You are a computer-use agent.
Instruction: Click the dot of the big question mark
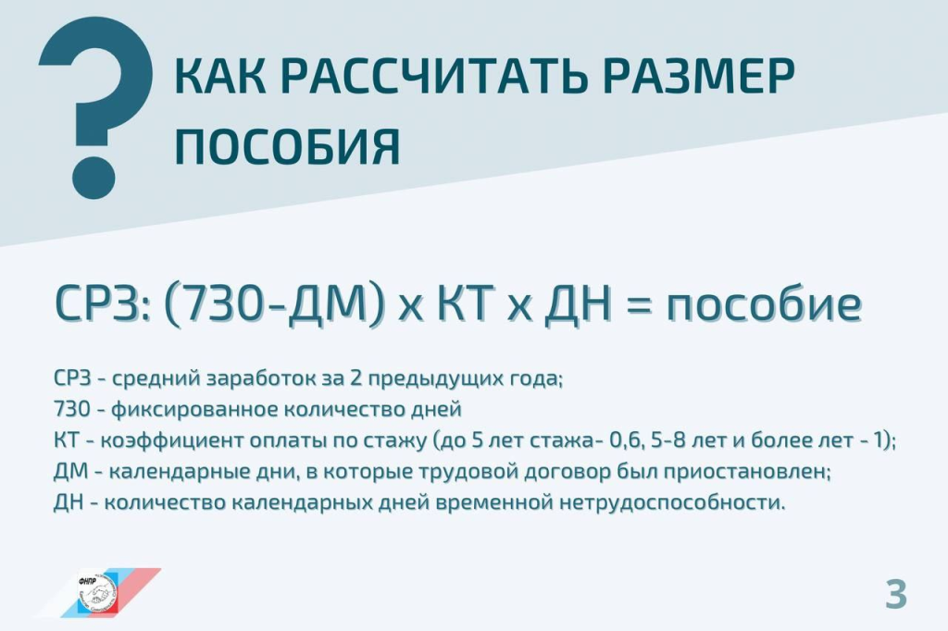point(94,178)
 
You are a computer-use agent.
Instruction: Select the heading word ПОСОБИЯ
point(287,146)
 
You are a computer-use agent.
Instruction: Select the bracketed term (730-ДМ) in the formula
point(274,303)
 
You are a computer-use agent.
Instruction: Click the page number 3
point(896,593)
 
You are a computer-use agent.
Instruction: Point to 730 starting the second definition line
point(71,409)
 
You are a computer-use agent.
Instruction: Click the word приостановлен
point(747,472)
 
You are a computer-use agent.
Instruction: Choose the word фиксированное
point(194,410)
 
